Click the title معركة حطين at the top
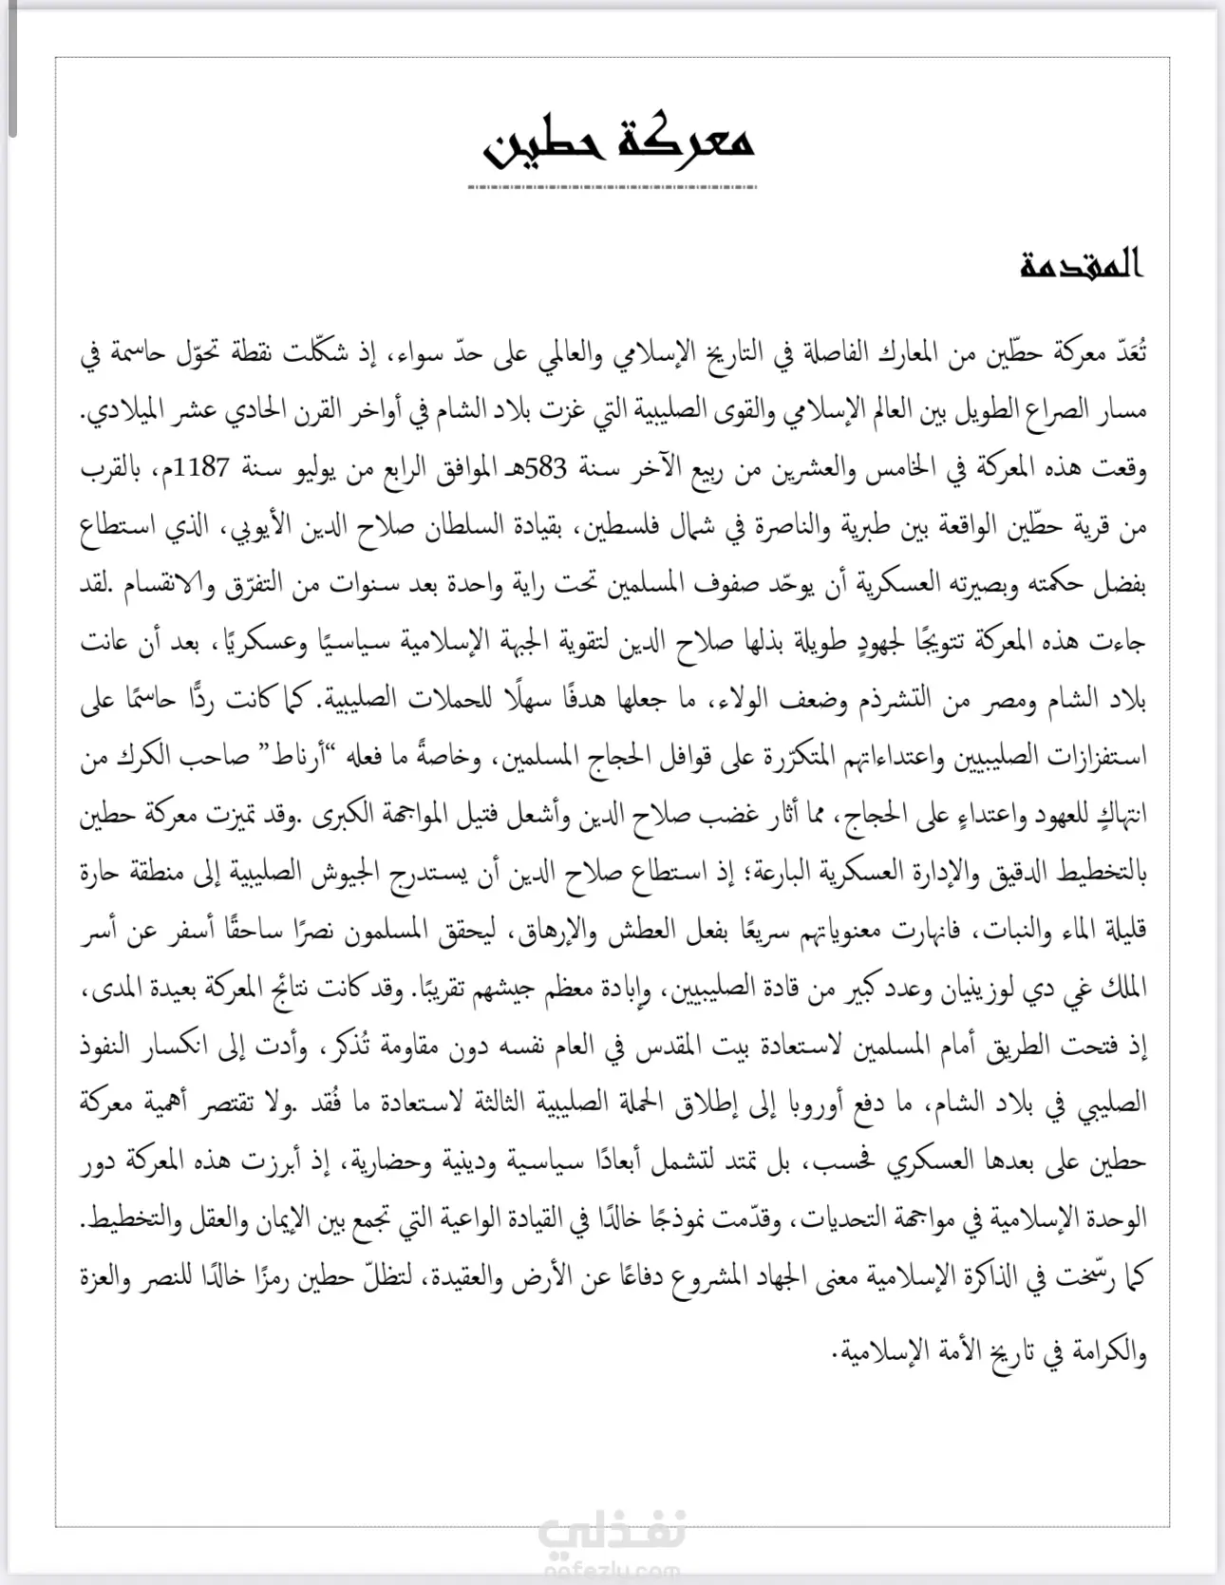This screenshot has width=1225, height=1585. click(x=620, y=143)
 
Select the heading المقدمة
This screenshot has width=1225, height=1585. click(x=1082, y=266)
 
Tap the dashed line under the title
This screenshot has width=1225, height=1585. click(x=612, y=187)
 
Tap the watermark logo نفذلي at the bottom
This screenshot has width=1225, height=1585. click(x=612, y=1530)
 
